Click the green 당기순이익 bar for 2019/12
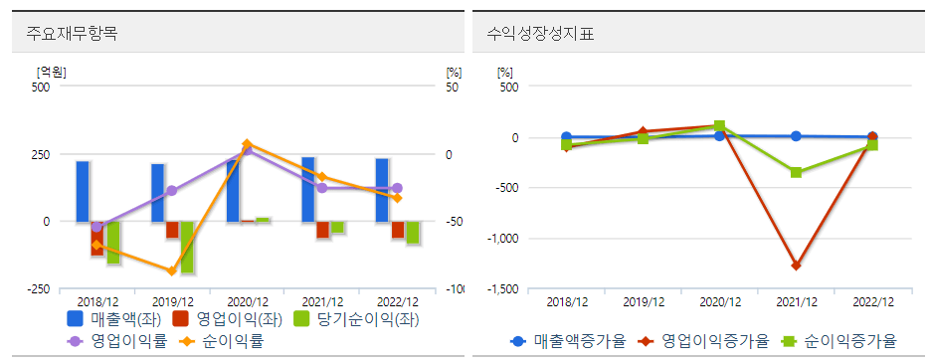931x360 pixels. pos(187,247)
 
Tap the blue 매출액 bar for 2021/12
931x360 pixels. pos(308,189)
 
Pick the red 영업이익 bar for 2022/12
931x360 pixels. pos(398,230)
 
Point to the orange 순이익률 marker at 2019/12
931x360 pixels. pos(171,270)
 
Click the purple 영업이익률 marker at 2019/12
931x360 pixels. pos(171,190)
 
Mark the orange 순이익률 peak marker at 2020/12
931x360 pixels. pos(247,144)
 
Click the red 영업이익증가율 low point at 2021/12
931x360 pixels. pos(796,266)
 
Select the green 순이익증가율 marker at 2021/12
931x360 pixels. pos(796,172)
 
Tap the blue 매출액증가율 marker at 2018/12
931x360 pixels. pos(566,137)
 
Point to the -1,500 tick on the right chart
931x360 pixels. pos(501,289)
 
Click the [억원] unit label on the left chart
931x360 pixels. pos(51,72)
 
